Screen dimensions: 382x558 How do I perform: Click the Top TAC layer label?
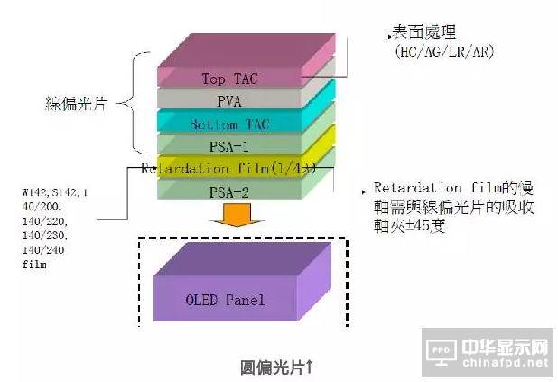tap(229, 79)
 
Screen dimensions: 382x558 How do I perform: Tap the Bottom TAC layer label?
tap(229, 123)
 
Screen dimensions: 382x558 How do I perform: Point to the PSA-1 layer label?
tap(229, 144)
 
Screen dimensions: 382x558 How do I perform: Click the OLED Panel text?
tap(225, 300)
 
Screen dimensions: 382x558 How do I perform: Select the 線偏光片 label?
tap(76, 104)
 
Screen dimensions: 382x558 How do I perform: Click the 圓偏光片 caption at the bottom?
tap(276, 366)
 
